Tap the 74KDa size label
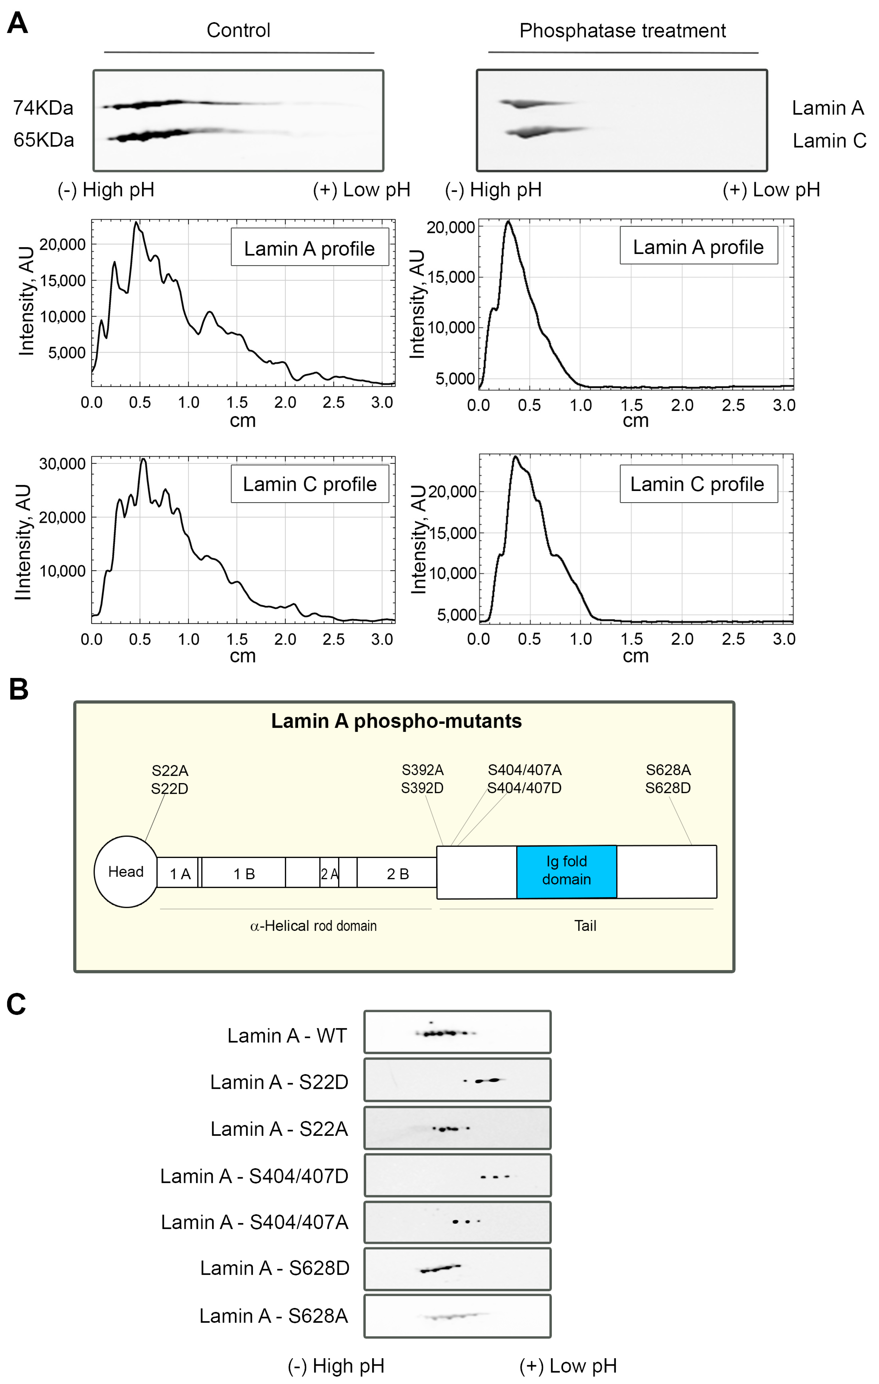point(43,108)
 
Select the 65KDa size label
point(44,140)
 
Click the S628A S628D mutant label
point(668,779)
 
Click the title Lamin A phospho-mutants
point(396,721)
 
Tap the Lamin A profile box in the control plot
point(309,248)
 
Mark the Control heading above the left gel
point(238,30)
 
